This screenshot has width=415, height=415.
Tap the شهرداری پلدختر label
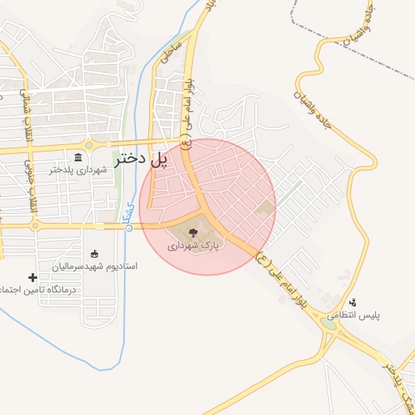78,170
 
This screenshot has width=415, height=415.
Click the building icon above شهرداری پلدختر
78,157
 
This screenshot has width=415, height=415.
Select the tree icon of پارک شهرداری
203,232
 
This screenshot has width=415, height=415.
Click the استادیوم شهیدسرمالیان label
95,266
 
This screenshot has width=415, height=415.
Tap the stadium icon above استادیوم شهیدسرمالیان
95,253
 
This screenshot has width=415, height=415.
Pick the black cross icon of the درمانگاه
32,277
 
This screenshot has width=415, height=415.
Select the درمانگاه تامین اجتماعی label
37,289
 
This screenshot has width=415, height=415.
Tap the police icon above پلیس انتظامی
353,302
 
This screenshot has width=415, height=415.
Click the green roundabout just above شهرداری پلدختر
89,145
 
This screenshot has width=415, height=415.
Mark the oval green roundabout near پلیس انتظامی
328,325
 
